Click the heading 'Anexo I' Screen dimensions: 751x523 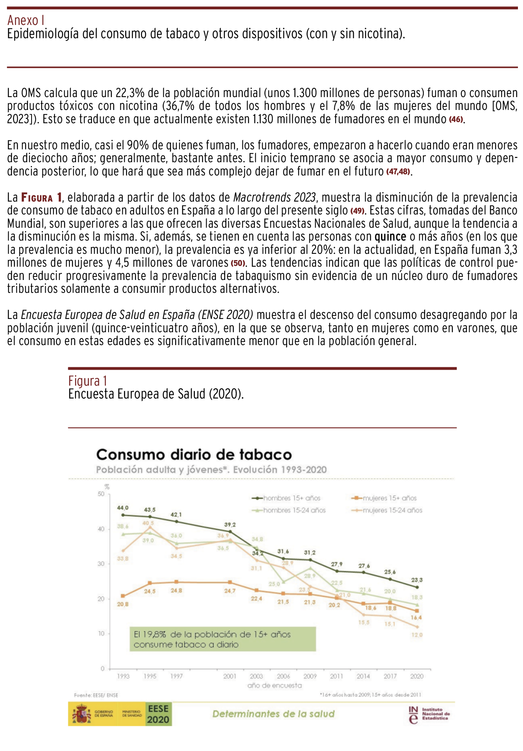click(26, 20)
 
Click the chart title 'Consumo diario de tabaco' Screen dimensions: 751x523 click(194, 455)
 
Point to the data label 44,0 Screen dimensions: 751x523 click(123, 508)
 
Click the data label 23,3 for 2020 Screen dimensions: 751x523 click(417, 580)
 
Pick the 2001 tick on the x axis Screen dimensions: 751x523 click(230, 676)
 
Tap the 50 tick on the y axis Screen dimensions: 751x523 click(101, 494)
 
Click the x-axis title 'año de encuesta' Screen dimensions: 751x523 click(274, 685)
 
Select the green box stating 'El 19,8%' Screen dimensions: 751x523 click(223, 639)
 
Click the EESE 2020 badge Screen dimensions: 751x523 click(159, 714)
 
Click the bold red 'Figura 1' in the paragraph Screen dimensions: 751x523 click(41, 197)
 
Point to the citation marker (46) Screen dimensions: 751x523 click(456, 119)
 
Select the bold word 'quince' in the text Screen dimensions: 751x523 click(390, 237)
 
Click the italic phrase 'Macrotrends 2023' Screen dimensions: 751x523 click(274, 197)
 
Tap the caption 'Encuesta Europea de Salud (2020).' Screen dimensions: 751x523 click(156, 394)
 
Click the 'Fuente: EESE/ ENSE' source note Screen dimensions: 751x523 click(96, 695)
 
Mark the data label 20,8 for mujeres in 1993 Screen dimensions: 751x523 click(123, 604)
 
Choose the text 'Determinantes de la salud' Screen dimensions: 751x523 click(273, 714)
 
